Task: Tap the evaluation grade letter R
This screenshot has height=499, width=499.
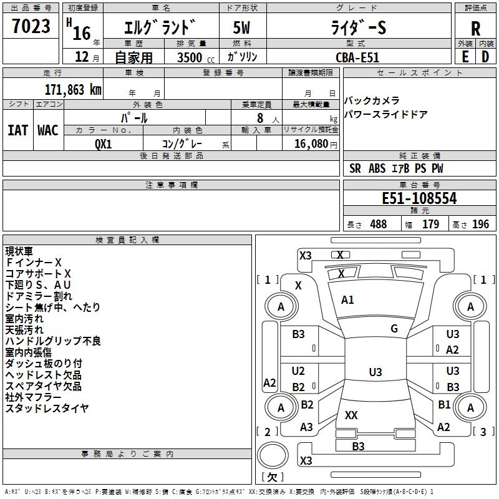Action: click(475, 27)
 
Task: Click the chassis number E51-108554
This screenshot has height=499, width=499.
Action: click(419, 198)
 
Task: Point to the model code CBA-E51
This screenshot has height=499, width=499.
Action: click(357, 57)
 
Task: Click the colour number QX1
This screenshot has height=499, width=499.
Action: click(104, 143)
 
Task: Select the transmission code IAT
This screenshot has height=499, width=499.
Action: click(17, 130)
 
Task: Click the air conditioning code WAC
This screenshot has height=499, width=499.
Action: click(48, 130)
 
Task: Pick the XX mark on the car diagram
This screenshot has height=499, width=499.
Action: click(351, 415)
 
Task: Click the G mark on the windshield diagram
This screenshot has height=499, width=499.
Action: click(394, 328)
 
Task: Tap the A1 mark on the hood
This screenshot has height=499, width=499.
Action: click(347, 300)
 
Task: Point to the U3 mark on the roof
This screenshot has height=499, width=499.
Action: click(375, 372)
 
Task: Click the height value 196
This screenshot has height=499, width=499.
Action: click(481, 225)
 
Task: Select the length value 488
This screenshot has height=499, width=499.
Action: click(378, 225)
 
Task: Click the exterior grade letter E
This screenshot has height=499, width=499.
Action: click(465, 57)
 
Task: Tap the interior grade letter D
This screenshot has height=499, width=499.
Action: click(485, 57)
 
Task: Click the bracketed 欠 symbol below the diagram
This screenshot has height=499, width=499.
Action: click(271, 477)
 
